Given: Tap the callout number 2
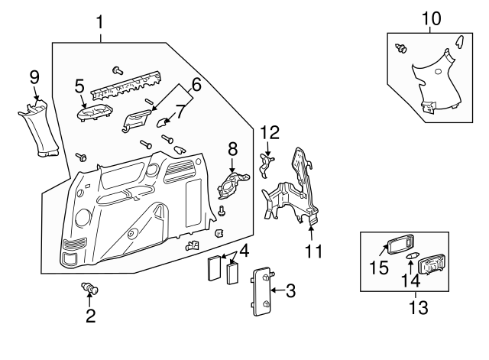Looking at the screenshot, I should [90, 316].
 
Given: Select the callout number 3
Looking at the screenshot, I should [291, 290].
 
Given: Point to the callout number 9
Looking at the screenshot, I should [34, 76].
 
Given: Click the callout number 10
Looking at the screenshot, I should [431, 16].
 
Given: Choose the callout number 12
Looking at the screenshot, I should [269, 131].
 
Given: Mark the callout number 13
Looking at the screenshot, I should [419, 308].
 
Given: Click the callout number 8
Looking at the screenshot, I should [233, 148].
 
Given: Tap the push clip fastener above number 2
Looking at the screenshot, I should [90, 290].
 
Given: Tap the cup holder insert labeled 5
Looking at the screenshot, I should [94, 113].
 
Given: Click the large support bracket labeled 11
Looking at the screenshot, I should [298, 191].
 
